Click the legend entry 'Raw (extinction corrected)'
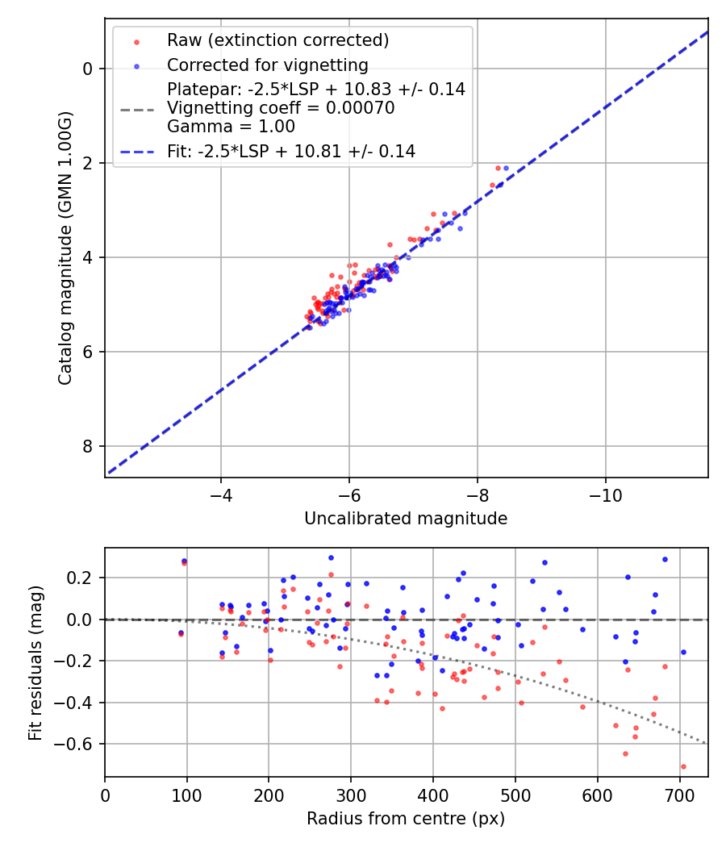point(277,40)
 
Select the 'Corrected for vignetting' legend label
point(267,65)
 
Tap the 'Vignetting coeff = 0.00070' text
point(281,108)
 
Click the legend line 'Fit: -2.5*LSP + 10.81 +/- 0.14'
point(291,151)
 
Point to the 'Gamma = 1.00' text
point(231,127)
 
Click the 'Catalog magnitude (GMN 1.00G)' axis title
point(65,247)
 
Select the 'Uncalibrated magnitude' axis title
point(406,519)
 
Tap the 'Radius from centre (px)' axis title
point(406,818)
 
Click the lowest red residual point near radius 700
point(683,766)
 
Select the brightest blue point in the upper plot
point(506,168)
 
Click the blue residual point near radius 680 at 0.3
point(665,559)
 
